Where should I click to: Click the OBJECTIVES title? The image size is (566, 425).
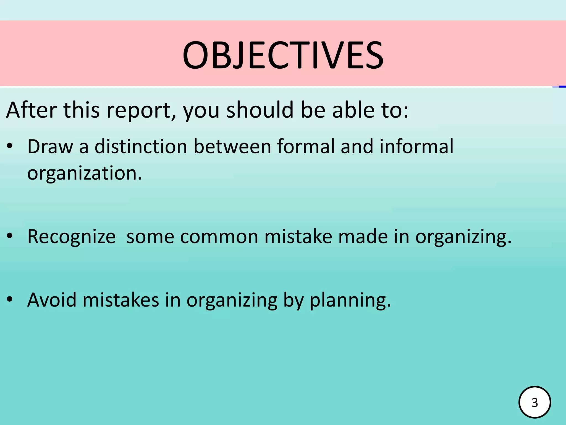coord(283,55)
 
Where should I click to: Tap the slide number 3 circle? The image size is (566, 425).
coord(535,402)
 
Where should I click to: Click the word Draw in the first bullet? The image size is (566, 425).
coord(50,146)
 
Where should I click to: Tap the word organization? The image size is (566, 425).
coord(84,174)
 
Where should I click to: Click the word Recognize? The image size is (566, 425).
coord(71,237)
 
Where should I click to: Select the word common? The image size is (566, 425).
coord(219,237)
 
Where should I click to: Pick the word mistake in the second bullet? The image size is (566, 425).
coord(298,237)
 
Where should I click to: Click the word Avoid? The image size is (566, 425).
coord(52,300)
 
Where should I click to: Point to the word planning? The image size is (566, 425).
coord(350,300)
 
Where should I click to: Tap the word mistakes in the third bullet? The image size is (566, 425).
coord(121,300)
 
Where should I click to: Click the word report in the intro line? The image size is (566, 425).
coord(141,110)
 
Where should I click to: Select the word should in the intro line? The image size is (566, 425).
coord(260,110)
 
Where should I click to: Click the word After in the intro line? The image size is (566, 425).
coord(32,110)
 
